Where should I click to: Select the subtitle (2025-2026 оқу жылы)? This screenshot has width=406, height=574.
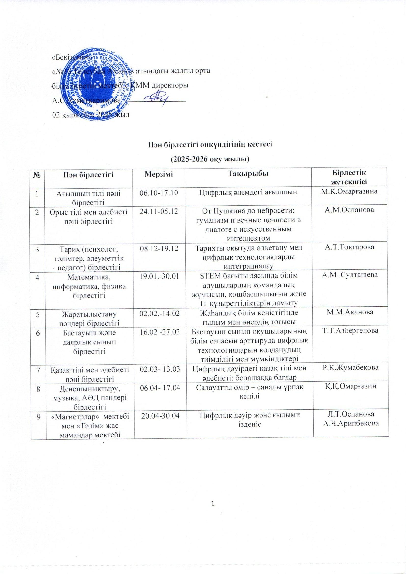210,159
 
